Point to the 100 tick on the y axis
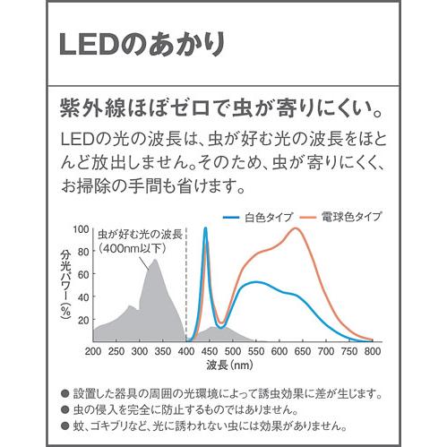81,229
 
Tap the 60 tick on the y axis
82,274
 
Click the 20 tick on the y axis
82,319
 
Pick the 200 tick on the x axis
92,352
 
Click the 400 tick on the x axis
185,352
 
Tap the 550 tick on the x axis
256,352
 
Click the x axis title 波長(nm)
231,366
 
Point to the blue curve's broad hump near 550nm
257,282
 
